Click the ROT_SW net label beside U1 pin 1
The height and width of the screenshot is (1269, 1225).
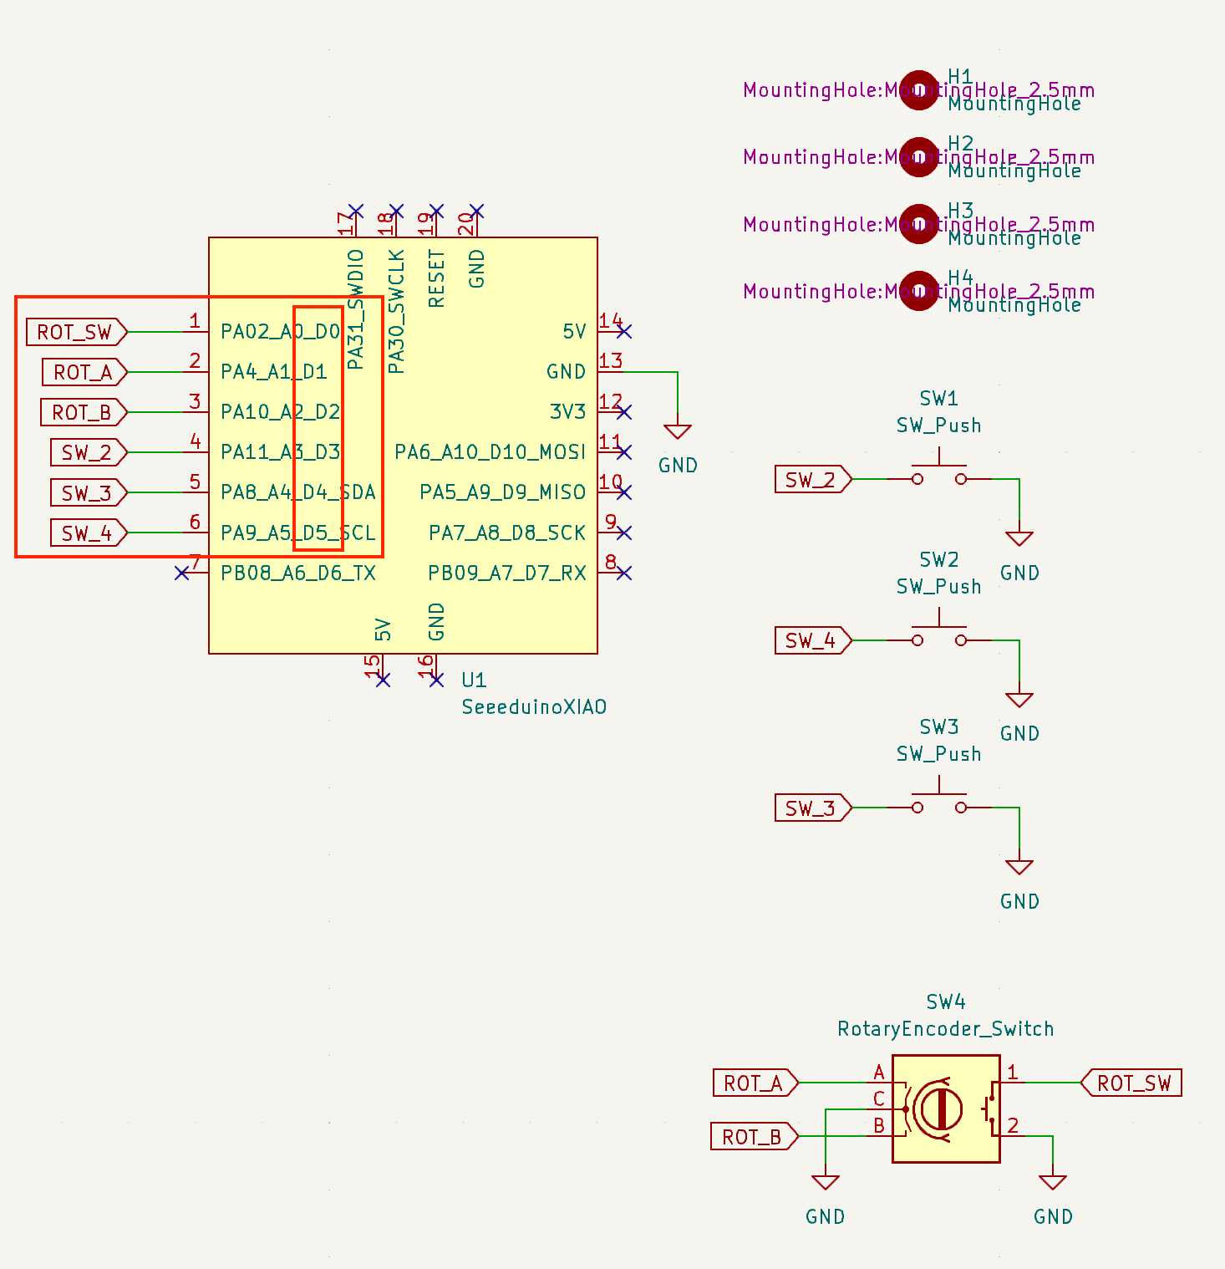tap(75, 332)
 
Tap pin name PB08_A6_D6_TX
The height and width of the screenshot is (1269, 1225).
tap(297, 573)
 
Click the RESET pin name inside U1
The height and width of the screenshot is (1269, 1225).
tap(436, 278)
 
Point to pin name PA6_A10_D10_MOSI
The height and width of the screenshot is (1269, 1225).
tap(490, 452)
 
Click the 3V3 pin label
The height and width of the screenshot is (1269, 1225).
tap(567, 412)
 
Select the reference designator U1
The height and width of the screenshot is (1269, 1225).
tap(474, 680)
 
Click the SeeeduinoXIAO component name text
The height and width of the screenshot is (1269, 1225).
tap(534, 707)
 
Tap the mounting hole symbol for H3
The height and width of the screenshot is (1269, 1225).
tap(919, 224)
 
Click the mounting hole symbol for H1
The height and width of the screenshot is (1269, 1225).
tap(919, 89)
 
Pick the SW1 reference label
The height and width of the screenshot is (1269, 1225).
tap(938, 398)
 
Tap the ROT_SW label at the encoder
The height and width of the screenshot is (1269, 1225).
tap(1133, 1083)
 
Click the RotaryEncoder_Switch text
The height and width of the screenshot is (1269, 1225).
tap(945, 1029)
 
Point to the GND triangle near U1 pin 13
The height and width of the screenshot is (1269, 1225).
tap(678, 431)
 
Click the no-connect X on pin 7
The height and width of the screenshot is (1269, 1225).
tap(182, 573)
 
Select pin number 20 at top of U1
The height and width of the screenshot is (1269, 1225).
tap(466, 224)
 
